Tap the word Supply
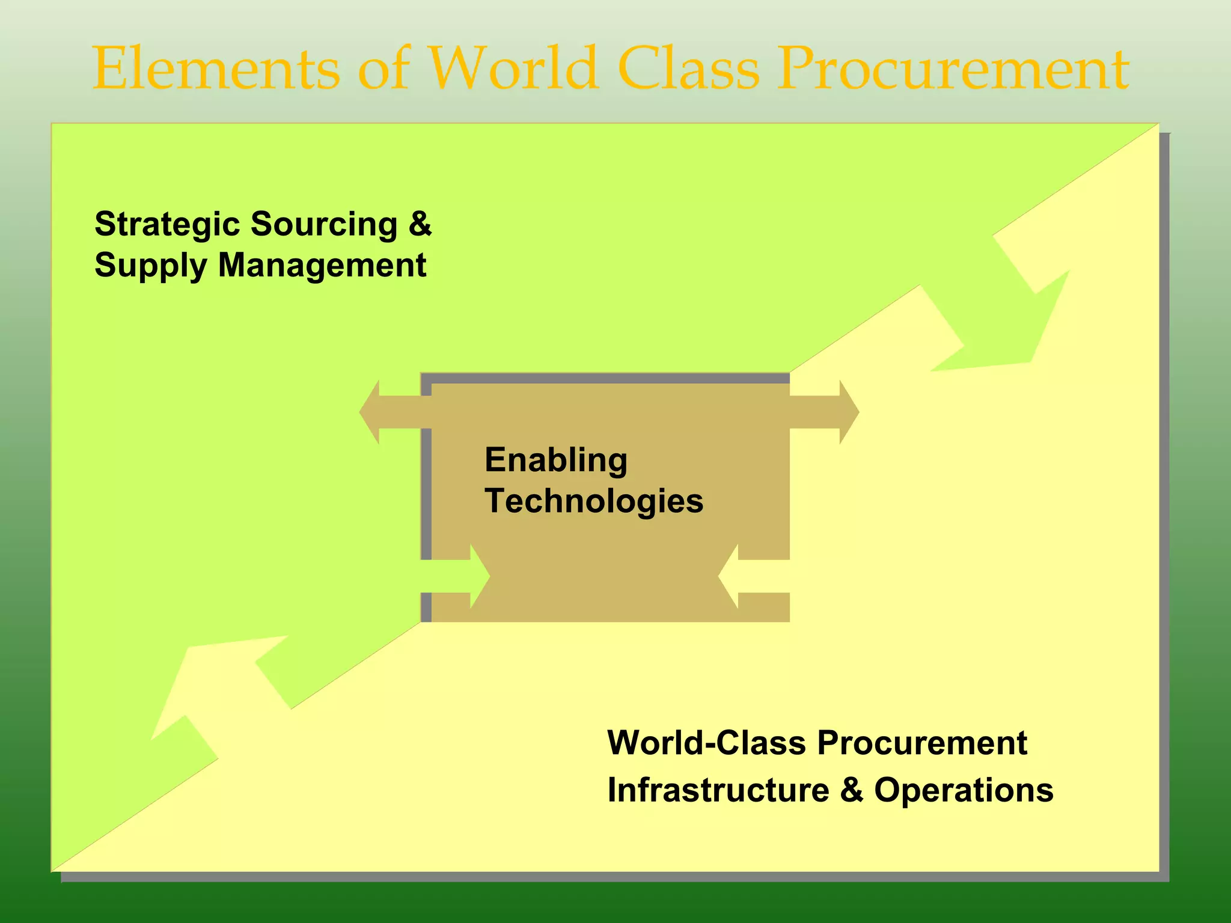coord(150,266)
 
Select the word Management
coord(322,266)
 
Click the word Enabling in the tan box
coord(555,460)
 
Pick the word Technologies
coord(593,501)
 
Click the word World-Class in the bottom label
coord(706,743)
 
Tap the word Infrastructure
coord(718,790)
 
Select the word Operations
coord(963,790)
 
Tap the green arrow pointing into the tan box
coord(463,576)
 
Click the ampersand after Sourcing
coord(420,224)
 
